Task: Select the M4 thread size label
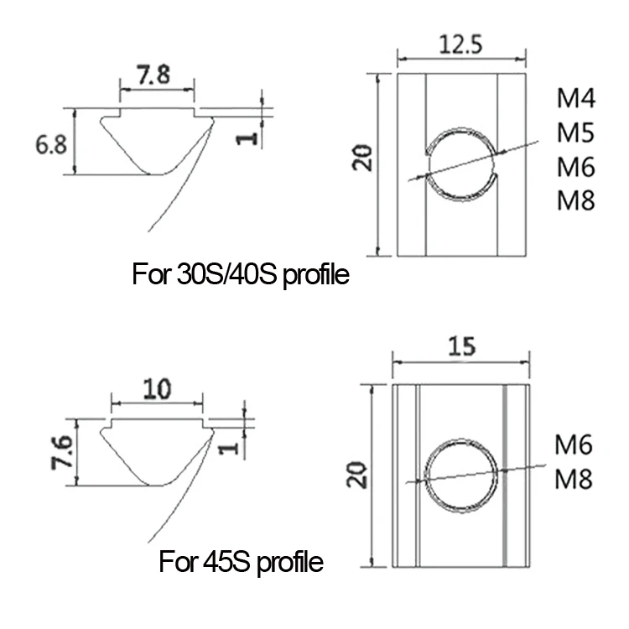pyautogui.click(x=576, y=100)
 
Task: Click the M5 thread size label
pyautogui.click(x=576, y=133)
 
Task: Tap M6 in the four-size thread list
pyautogui.click(x=576, y=168)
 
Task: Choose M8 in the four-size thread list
pyautogui.click(x=576, y=201)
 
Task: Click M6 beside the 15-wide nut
pyautogui.click(x=574, y=445)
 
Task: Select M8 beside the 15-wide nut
pyautogui.click(x=574, y=479)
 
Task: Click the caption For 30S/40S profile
pyautogui.click(x=241, y=274)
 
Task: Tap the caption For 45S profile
pyautogui.click(x=241, y=562)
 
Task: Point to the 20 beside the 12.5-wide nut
pyautogui.click(x=362, y=158)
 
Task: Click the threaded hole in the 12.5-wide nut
pyautogui.click(x=460, y=164)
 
